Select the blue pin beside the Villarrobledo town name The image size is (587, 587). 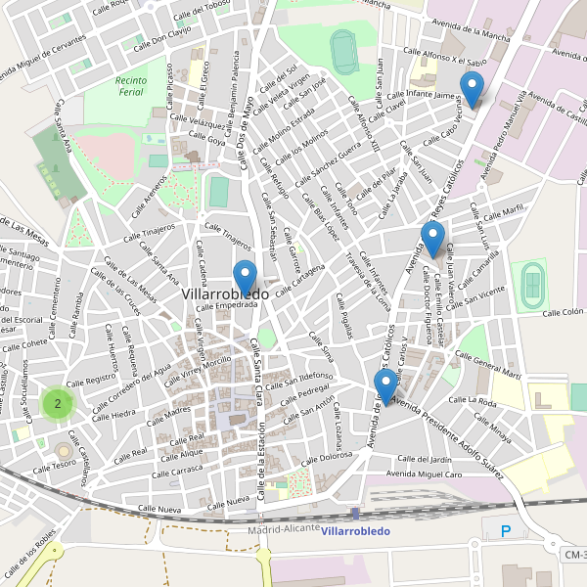pyautogui.click(x=245, y=278)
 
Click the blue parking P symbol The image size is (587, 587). pyautogui.click(x=506, y=531)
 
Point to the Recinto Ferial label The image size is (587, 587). pyautogui.click(x=131, y=86)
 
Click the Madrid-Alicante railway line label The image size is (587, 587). pyautogui.click(x=284, y=528)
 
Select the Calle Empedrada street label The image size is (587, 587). pyautogui.click(x=226, y=305)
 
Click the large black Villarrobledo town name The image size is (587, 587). pyautogui.click(x=225, y=293)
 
